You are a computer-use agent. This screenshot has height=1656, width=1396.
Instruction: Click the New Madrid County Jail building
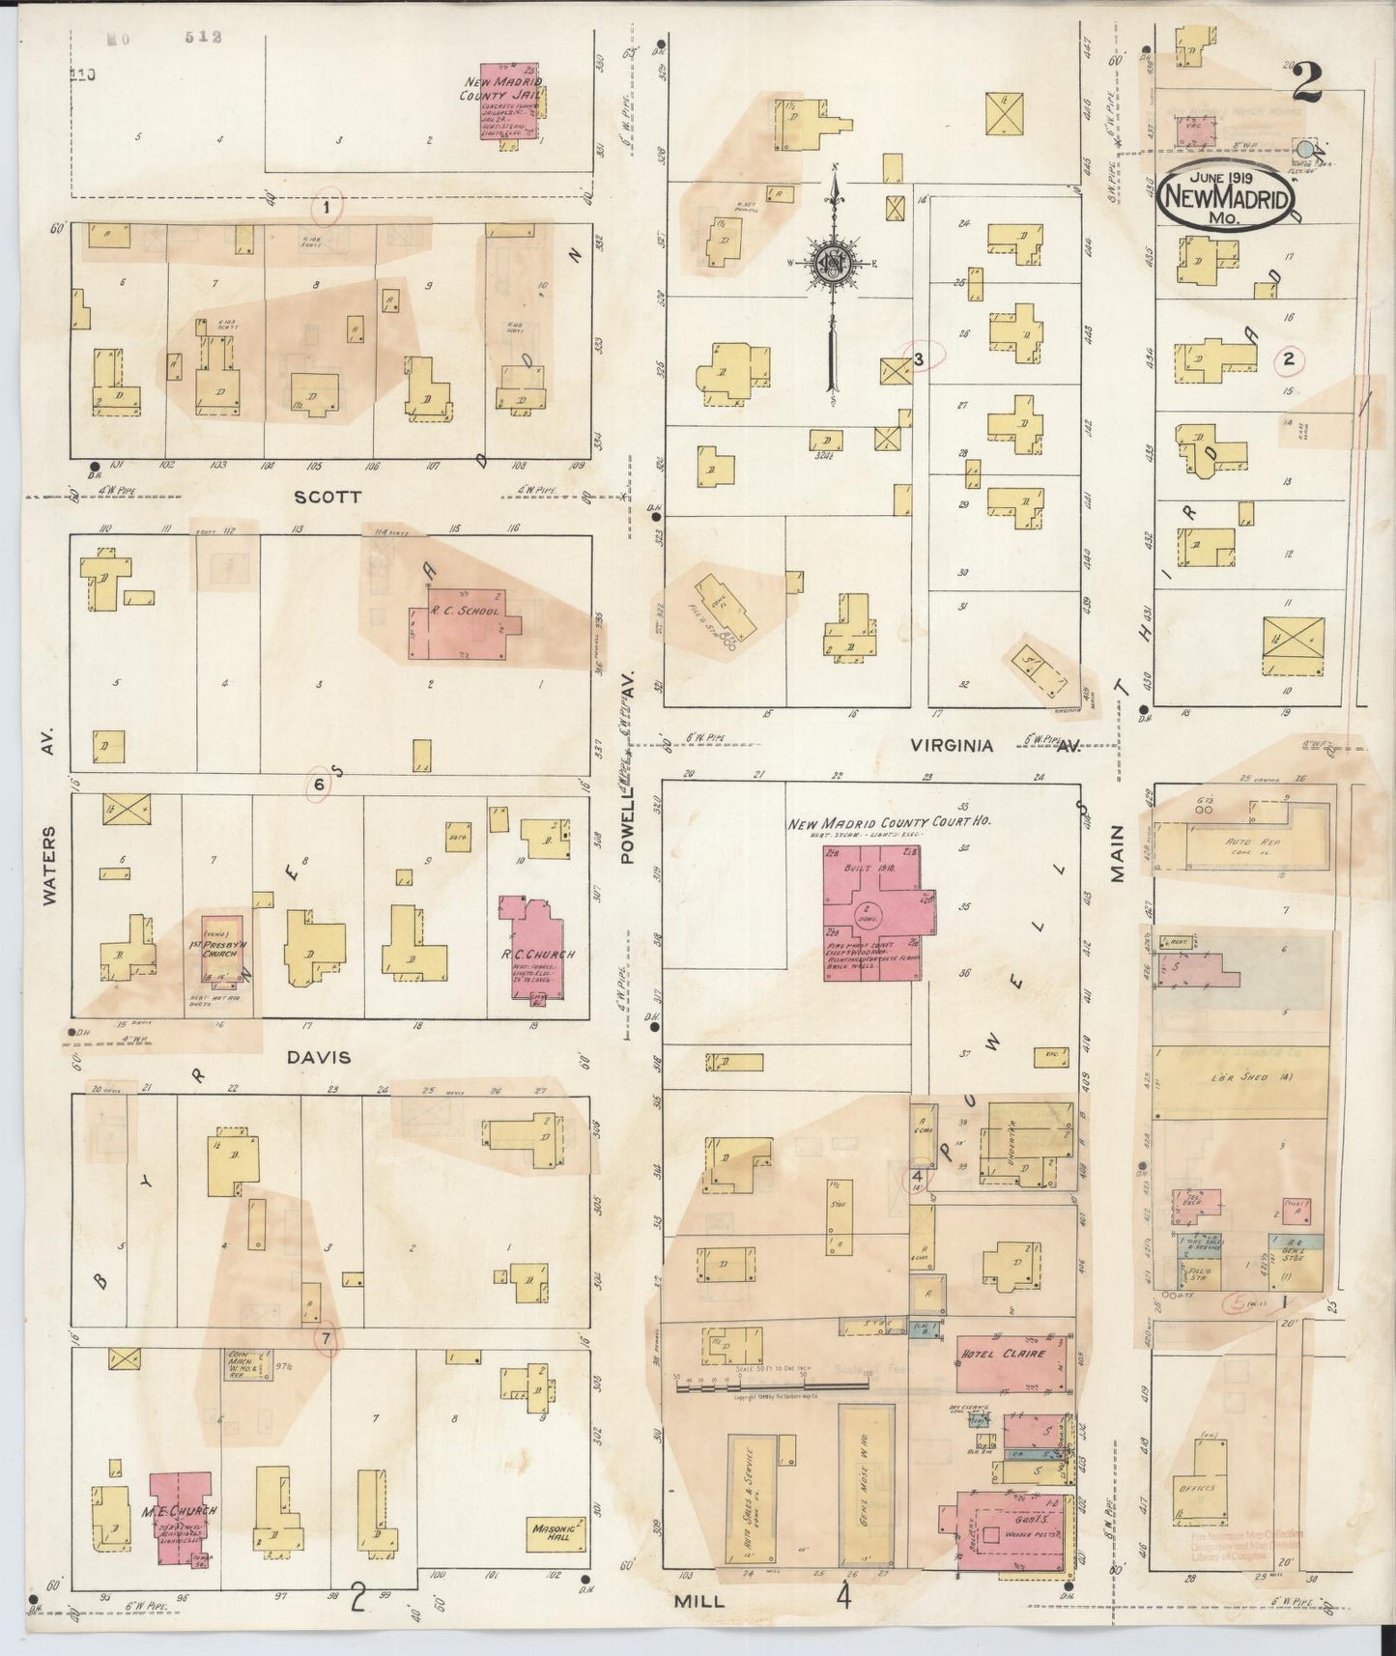pos(513,106)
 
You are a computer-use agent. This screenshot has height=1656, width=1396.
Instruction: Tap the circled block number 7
pos(327,1339)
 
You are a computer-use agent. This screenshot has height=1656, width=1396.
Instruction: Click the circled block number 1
pos(328,207)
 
